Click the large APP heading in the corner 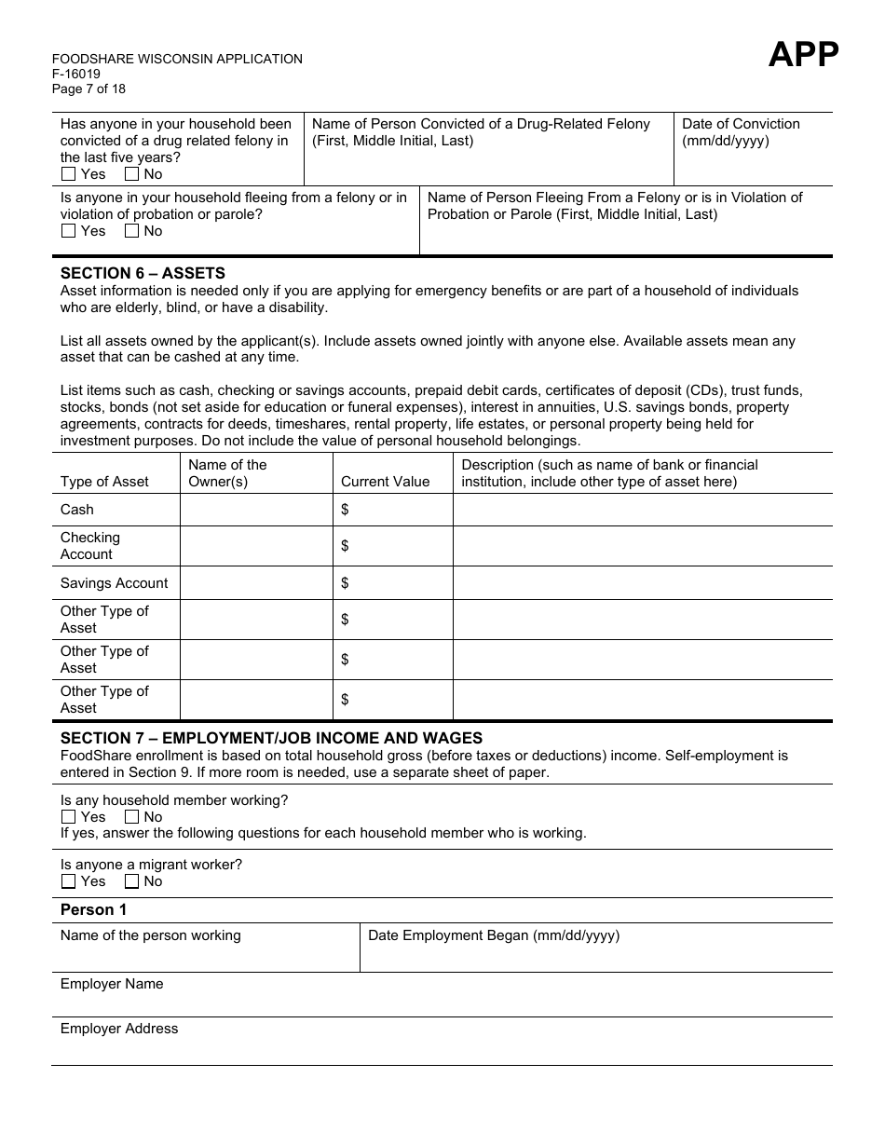tap(803, 56)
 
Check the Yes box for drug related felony tap(69, 174)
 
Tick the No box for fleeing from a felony tap(132, 231)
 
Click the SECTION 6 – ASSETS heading tap(143, 273)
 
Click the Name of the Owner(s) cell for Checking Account tap(256, 546)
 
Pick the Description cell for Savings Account tap(642, 583)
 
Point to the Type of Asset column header tap(104, 482)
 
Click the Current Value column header tap(385, 482)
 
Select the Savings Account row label tap(114, 583)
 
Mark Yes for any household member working tap(69, 817)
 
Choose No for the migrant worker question tap(132, 881)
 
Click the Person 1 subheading tap(93, 909)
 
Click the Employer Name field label tap(112, 984)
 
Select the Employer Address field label tap(119, 1029)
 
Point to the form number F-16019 tap(76, 75)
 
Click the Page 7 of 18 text tap(88, 89)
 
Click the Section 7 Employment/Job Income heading tap(271, 738)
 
